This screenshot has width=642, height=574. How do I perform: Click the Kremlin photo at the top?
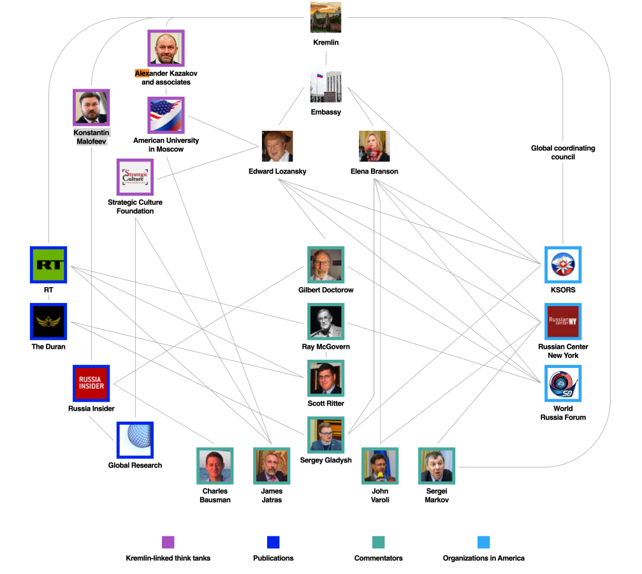326,18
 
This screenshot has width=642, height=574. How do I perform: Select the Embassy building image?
326,87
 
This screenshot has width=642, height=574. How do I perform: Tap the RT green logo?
49,265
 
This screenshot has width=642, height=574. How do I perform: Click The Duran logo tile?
49,321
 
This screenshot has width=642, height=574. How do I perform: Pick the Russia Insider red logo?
91,383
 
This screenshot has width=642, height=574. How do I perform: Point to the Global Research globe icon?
135,440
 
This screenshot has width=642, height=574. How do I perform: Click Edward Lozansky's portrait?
277,147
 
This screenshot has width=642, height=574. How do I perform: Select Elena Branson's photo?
374,147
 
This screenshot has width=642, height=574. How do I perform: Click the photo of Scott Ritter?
326,379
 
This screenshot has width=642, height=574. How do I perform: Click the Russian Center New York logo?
563,322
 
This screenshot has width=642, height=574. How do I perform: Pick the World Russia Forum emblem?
563,383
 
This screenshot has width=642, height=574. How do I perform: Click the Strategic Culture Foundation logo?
135,177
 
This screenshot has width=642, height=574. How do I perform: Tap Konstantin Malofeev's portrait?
91,107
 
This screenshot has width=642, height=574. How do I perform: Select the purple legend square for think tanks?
168,542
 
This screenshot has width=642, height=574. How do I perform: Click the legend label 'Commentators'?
378,558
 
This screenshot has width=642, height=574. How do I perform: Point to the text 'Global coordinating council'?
563,152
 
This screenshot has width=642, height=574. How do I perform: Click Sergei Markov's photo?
437,466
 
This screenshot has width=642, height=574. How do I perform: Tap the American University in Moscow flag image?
166,115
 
